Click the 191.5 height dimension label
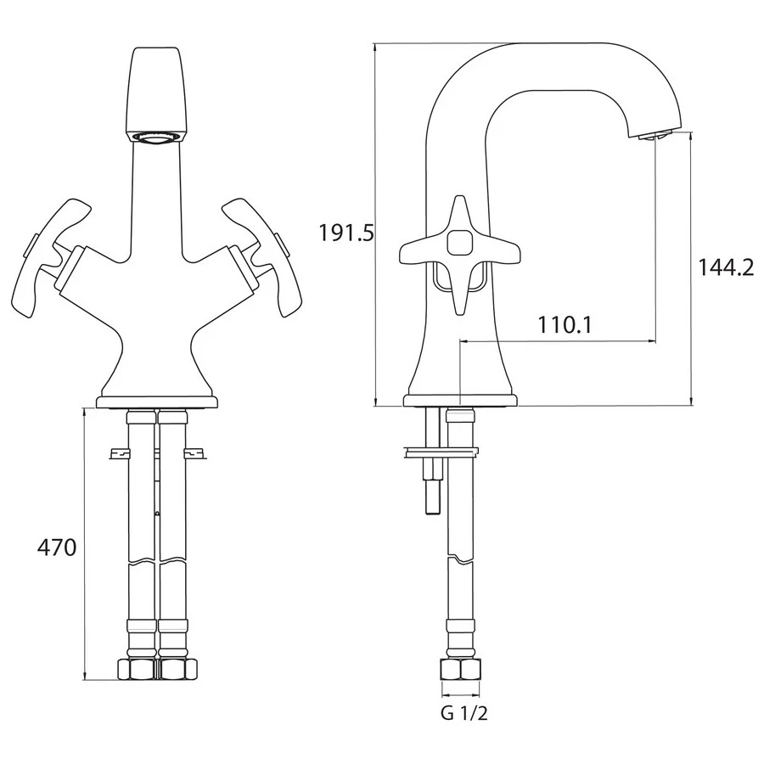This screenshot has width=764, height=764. click(346, 233)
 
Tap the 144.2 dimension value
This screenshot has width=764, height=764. click(726, 267)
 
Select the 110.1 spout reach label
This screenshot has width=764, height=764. click(565, 324)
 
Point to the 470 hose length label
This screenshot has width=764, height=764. click(57, 548)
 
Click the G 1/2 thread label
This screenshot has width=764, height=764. click(463, 714)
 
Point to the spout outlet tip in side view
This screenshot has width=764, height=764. click(653, 137)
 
